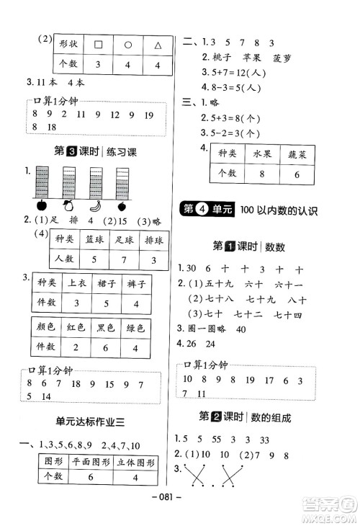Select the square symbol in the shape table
coord(99,45)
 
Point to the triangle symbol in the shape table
coord(158,45)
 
